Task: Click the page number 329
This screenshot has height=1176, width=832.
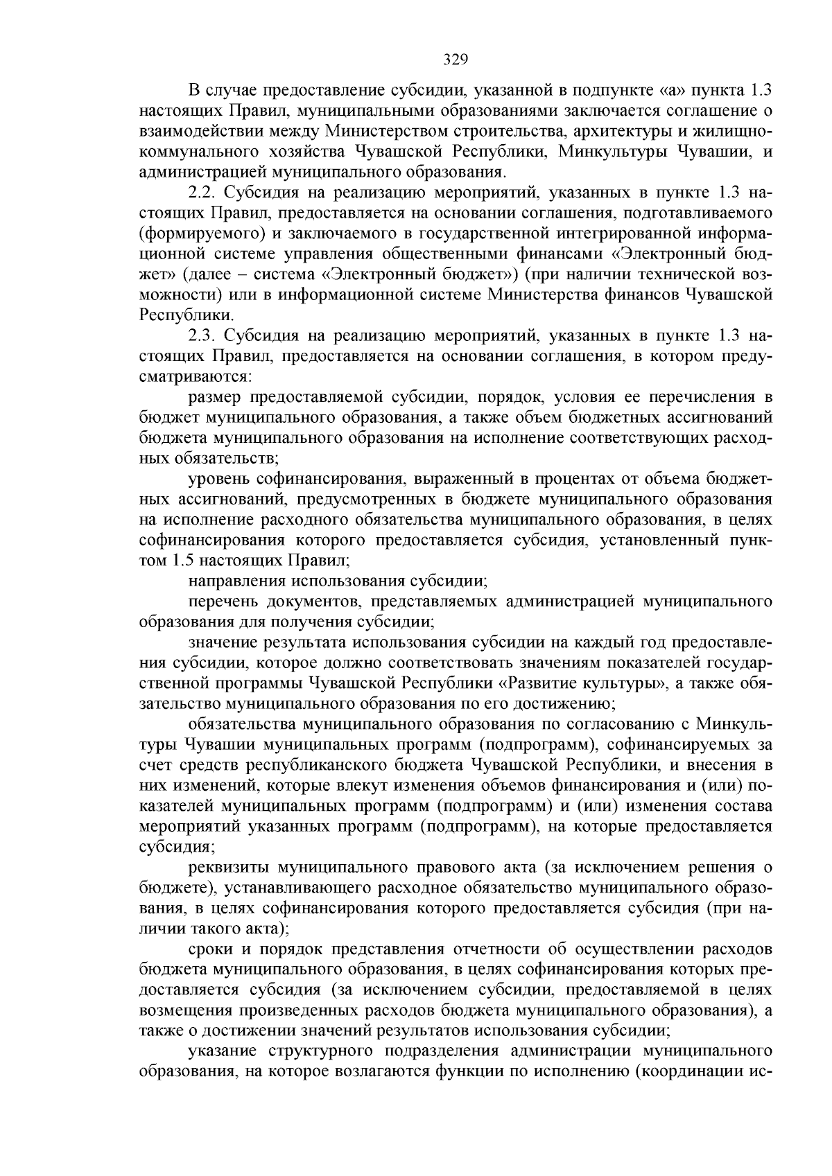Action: [x=456, y=60]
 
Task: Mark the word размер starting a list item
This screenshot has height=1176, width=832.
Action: [x=214, y=397]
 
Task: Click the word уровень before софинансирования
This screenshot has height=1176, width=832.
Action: [x=217, y=479]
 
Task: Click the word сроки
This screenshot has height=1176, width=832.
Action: [x=209, y=949]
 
